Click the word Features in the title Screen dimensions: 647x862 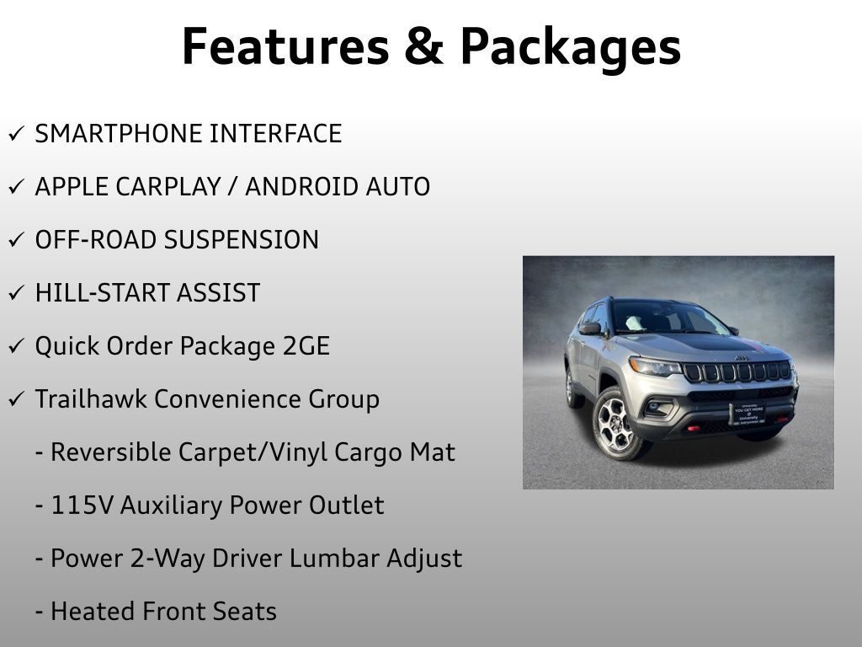284,46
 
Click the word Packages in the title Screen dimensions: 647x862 570,48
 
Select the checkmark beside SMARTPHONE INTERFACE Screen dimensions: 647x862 17,134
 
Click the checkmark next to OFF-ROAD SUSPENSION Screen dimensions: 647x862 17,240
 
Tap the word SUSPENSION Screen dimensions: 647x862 241,240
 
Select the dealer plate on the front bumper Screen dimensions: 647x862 749,414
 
